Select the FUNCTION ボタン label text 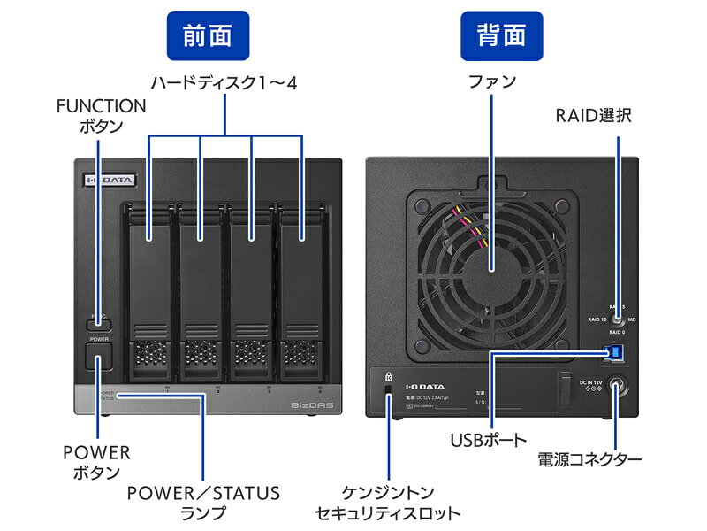pos(102,116)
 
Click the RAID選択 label pos(593,115)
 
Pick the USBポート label pos(489,439)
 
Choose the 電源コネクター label pos(589,459)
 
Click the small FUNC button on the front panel pos(99,323)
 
